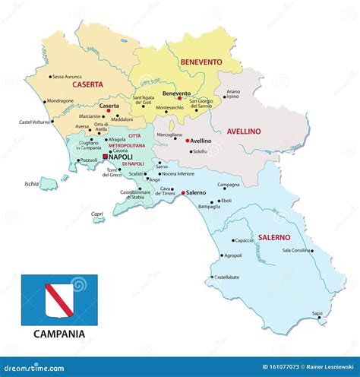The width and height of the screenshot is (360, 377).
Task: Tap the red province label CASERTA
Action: point(87,86)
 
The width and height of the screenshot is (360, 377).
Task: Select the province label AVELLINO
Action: point(243,131)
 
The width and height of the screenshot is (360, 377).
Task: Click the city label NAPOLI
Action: point(121,157)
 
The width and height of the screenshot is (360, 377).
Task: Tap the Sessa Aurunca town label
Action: point(69,77)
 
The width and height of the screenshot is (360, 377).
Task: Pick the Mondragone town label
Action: point(60,101)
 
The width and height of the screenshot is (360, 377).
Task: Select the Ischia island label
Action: point(31,183)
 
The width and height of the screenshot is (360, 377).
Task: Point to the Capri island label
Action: point(97,214)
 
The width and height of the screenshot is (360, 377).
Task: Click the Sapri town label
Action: point(317,312)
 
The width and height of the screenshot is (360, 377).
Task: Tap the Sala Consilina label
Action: point(296,250)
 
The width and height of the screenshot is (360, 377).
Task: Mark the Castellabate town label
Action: point(226,277)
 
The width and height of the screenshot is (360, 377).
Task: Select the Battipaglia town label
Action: point(209,206)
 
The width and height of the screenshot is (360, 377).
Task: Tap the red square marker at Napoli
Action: point(105,157)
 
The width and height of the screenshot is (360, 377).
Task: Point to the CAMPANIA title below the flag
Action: point(59,333)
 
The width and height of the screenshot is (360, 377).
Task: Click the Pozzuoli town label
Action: point(90,160)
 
